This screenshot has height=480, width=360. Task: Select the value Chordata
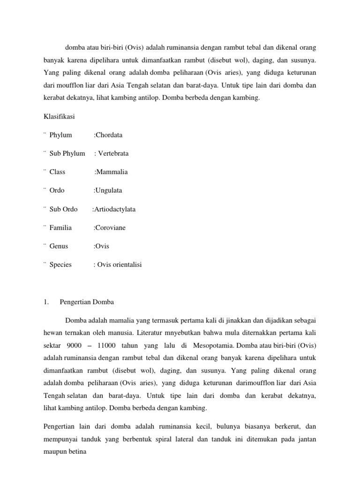(x=109, y=135)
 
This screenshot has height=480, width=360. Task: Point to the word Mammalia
(x=112, y=172)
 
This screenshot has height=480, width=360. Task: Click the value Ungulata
(x=109, y=191)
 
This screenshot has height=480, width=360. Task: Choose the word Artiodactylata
(x=115, y=209)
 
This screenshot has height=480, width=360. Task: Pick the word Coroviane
(x=111, y=228)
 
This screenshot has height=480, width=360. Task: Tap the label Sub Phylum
(x=67, y=153)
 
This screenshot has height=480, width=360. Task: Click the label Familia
(x=60, y=228)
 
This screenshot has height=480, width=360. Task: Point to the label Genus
(x=59, y=246)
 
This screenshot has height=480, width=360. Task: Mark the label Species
(x=60, y=265)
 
